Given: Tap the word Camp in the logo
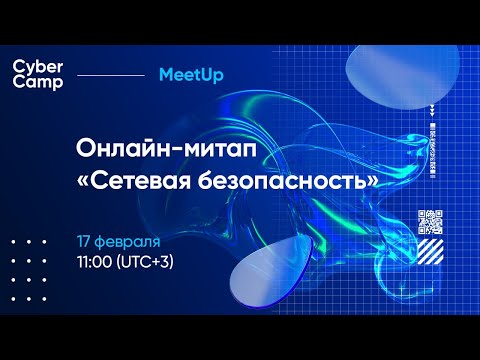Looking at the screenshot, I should [37, 83].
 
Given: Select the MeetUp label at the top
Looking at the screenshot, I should [190, 75].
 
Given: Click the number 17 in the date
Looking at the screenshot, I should [85, 243].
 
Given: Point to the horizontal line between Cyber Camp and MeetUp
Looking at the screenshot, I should [110, 75].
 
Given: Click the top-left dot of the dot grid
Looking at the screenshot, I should [13, 242].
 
